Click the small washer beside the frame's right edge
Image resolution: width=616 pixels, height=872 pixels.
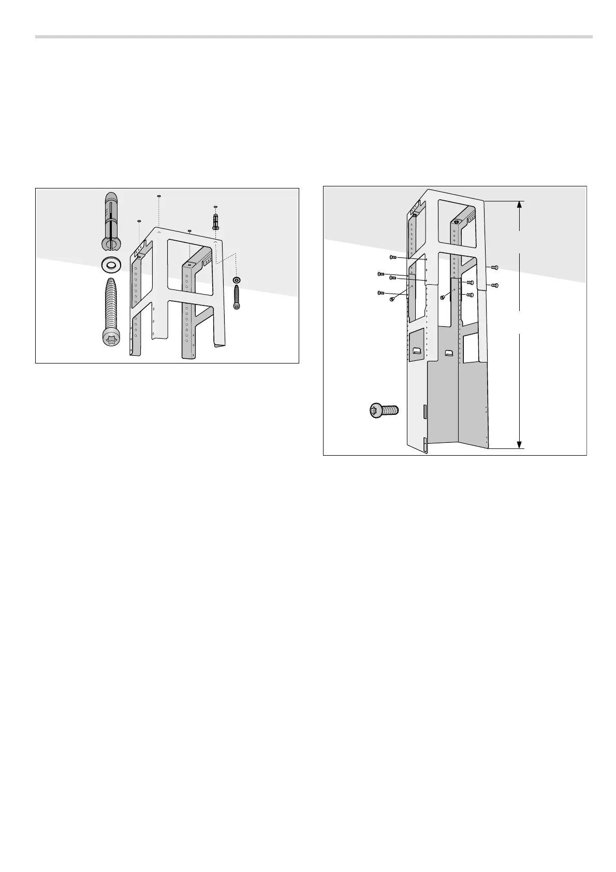pyautogui.click(x=237, y=280)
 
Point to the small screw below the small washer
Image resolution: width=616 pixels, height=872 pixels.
pyautogui.click(x=237, y=298)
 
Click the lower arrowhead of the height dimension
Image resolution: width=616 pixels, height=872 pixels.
pyautogui.click(x=520, y=444)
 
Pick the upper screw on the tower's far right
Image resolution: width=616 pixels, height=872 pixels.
pyautogui.click(x=494, y=267)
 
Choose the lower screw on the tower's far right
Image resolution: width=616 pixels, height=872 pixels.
pyautogui.click(x=494, y=285)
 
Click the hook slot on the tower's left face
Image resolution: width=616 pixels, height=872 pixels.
pyautogui.click(x=416, y=352)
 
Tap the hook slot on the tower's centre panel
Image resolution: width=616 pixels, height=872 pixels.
pyautogui.click(x=449, y=353)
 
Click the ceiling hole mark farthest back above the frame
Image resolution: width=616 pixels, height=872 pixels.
pyautogui.click(x=158, y=196)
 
